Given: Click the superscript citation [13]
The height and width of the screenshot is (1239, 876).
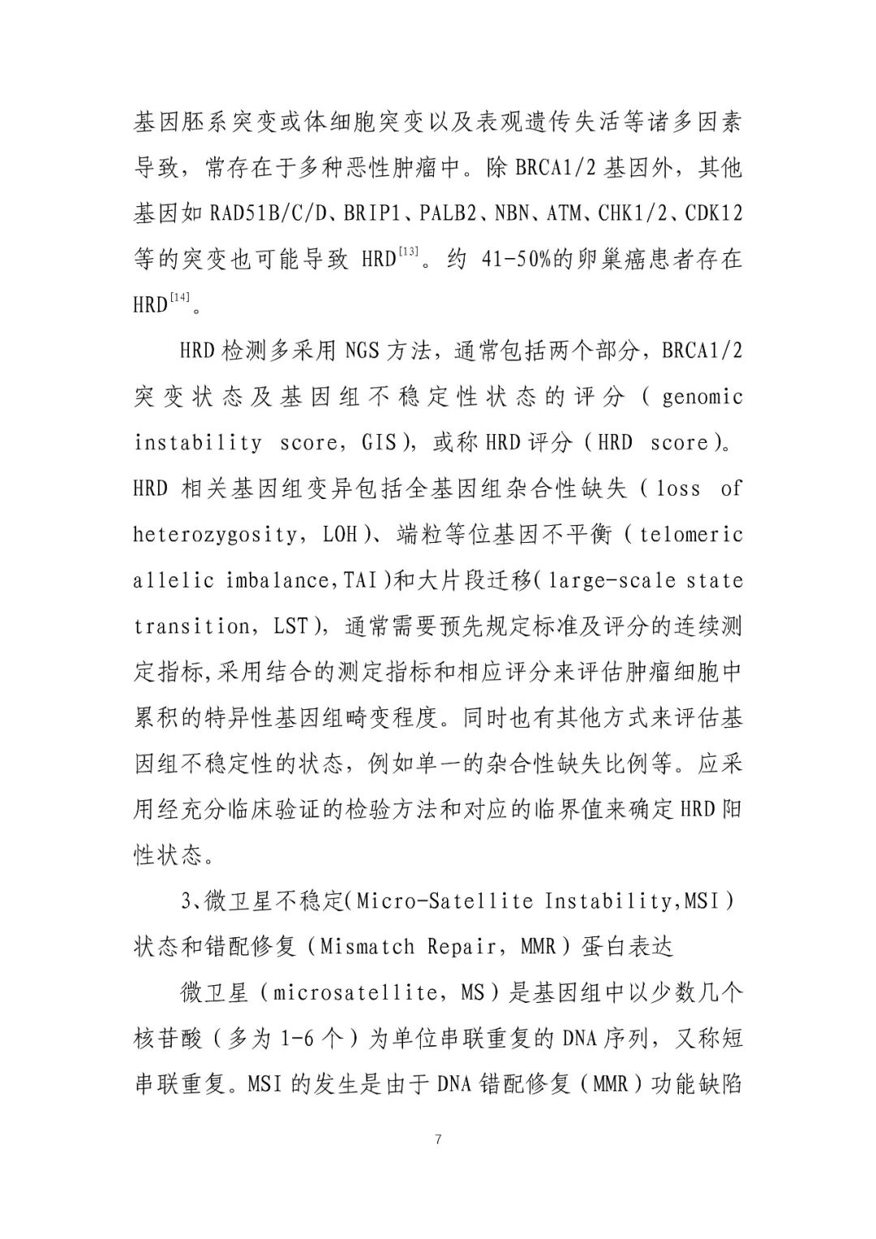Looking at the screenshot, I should tap(409, 252).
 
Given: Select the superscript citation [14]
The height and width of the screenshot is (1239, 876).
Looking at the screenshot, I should tap(181, 297).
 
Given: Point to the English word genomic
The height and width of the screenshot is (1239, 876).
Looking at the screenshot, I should tap(702, 398).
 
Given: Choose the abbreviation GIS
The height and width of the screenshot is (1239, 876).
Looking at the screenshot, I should tap(379, 443).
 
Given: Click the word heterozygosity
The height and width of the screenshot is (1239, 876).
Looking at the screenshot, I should tap(214, 535).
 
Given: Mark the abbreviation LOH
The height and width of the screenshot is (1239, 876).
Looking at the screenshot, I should tap(340, 535).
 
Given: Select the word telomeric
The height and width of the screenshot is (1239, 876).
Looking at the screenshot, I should tap(691, 535).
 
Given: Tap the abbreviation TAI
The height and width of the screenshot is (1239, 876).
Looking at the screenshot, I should tap(361, 580).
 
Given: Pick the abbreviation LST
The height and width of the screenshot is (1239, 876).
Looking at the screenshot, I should tap(291, 626).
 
